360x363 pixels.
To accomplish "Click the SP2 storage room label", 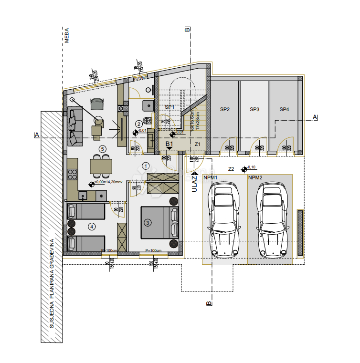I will point(225,109).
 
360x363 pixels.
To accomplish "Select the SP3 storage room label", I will point(254,109).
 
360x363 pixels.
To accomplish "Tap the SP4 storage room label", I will point(284,109).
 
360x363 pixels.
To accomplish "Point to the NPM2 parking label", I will point(256,177).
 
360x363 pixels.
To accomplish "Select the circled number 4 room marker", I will point(91,226).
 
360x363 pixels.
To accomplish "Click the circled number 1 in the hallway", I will point(146,166).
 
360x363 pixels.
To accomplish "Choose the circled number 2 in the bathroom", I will point(139,124).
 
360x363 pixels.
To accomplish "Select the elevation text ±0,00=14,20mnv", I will point(109,183).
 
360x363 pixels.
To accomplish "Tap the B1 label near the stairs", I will point(169,143).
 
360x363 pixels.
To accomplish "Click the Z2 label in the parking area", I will point(231,168).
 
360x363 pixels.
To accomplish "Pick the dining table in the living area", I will point(101,166).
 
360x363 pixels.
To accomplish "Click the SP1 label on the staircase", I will point(169,107).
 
